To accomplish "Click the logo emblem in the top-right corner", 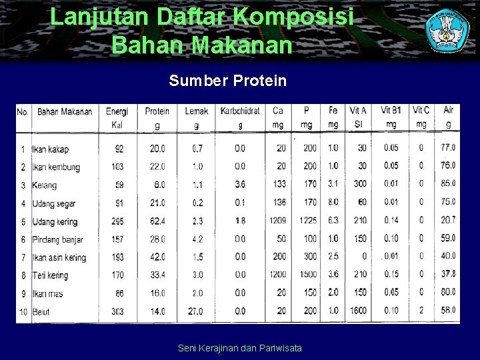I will [x=447, y=30].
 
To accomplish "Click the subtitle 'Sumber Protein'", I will [x=227, y=81].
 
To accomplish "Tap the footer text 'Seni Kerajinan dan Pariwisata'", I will [x=240, y=348].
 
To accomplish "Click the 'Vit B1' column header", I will [x=391, y=111].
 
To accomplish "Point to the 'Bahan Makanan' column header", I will [x=65, y=111].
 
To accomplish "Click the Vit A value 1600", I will [x=358, y=311].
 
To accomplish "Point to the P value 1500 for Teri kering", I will [x=308, y=275].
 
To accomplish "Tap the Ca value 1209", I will [x=279, y=221].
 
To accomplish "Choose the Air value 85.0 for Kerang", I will [x=448, y=184].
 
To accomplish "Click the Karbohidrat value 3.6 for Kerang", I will [x=240, y=184].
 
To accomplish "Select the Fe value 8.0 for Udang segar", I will [x=333, y=203].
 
